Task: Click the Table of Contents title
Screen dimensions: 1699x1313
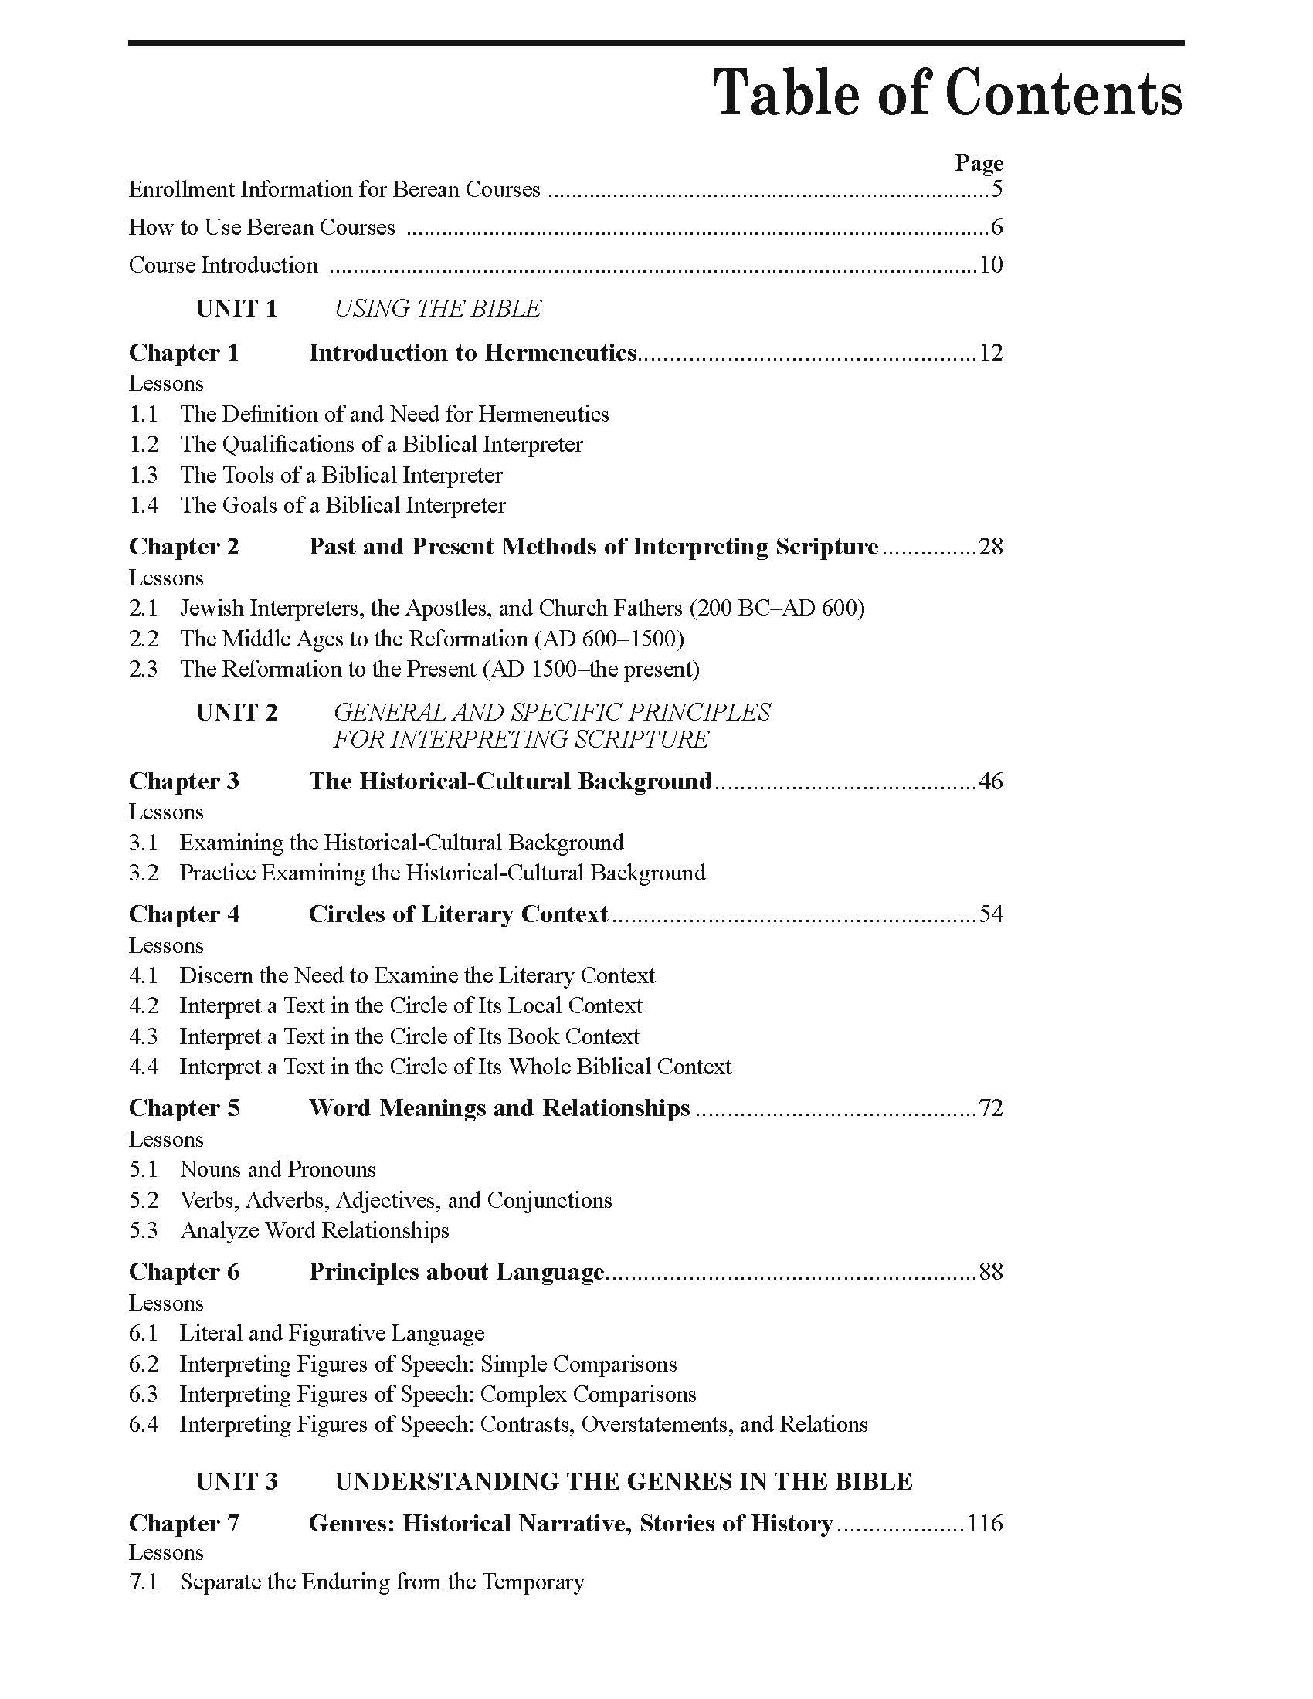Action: (x=948, y=94)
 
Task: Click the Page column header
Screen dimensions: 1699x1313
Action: (x=979, y=163)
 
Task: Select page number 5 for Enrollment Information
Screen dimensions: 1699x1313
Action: (x=996, y=189)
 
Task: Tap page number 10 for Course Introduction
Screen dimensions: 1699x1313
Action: (x=990, y=265)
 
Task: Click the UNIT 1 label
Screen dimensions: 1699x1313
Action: (x=236, y=309)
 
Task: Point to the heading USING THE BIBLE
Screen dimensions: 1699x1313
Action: (x=437, y=309)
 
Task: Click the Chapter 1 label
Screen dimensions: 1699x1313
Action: (x=184, y=353)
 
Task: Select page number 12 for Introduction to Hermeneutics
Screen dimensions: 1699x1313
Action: (x=990, y=353)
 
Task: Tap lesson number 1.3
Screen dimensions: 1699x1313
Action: (x=143, y=475)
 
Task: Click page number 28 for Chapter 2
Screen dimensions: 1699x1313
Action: (x=990, y=547)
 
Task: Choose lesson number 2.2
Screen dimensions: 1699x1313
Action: (x=143, y=639)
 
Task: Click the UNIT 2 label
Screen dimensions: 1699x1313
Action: (x=236, y=713)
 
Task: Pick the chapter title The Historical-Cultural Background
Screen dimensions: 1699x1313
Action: (x=511, y=781)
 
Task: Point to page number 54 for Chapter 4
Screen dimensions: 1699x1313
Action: (x=990, y=914)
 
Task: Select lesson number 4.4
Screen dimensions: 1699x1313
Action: (x=143, y=1067)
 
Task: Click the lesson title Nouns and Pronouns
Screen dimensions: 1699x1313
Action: (x=278, y=1169)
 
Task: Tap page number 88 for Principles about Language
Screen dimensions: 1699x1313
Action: (x=990, y=1272)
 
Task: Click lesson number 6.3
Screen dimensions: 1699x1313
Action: (x=143, y=1394)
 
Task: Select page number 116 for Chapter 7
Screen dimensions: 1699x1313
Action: (x=984, y=1523)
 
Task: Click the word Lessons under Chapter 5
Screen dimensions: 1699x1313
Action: (x=166, y=1140)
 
